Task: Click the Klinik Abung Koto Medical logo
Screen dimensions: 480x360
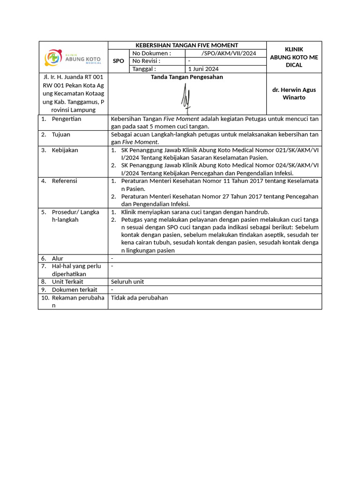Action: pos(73,58)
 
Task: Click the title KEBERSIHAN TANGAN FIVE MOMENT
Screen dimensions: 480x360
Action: pos(187,45)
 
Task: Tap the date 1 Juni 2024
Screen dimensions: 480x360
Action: pos(203,69)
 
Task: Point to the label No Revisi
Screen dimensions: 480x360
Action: pos(146,61)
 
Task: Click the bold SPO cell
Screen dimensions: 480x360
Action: pos(119,61)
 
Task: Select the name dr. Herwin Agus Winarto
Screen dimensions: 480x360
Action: pos(294,93)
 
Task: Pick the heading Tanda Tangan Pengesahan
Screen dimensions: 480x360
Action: pos(187,77)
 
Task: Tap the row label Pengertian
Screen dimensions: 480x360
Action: pos(66,119)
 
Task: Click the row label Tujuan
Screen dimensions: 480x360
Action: pos(61,135)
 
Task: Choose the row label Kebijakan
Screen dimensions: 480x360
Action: pos(65,150)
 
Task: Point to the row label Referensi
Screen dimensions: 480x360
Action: pos(64,181)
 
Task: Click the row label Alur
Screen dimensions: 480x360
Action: pos(57,258)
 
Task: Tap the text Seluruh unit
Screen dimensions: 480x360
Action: pos(127,282)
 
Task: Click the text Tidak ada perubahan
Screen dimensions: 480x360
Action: pos(139,298)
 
